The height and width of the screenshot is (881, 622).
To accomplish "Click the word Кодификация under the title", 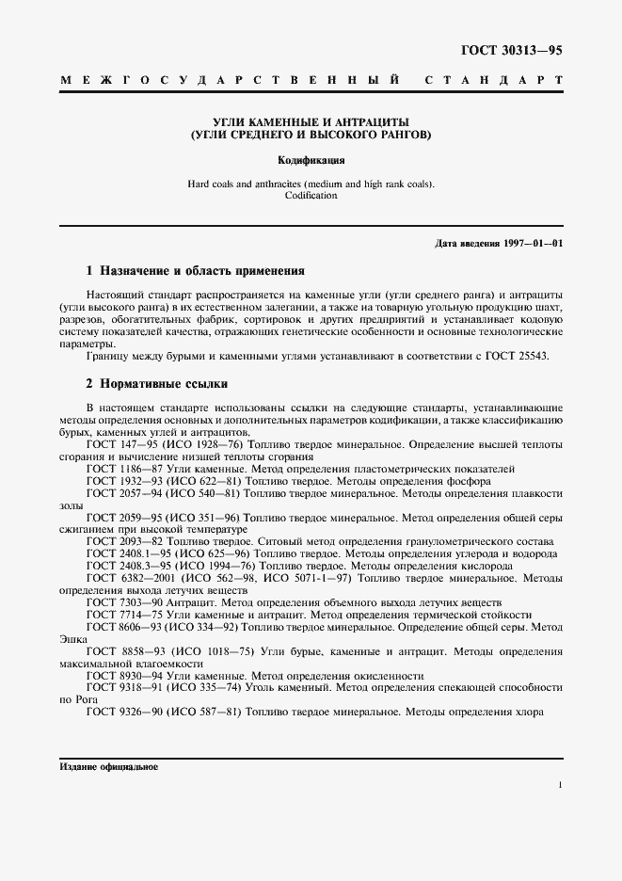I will pos(311,160).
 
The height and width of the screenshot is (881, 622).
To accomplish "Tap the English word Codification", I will pos(311,196).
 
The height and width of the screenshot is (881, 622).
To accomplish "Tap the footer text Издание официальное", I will pos(108,767).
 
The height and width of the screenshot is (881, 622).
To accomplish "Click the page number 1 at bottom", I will pos(560,784).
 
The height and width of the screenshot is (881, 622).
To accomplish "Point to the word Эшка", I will pos(72,638).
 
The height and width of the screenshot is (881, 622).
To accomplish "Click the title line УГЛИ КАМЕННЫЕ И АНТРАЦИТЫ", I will pos(311,122).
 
